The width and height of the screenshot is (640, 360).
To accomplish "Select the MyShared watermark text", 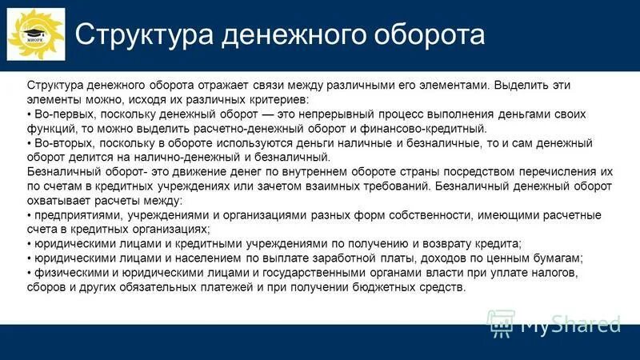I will click(x=570, y=324).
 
